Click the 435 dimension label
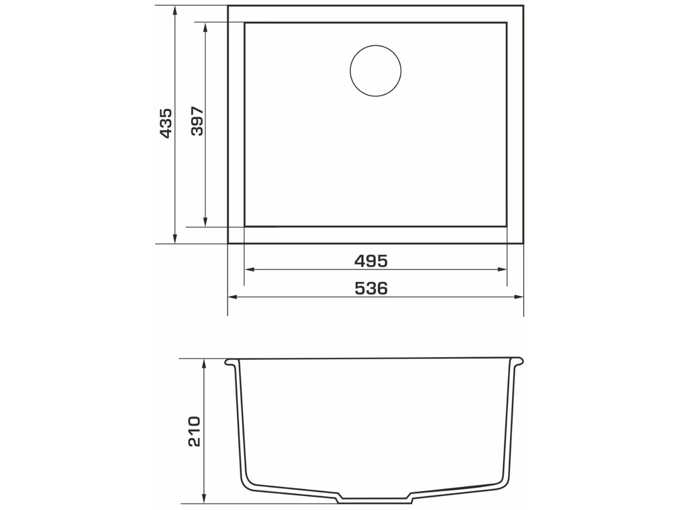[x=165, y=123]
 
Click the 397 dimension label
[x=197, y=121]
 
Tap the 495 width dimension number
[x=371, y=261]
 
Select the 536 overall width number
[x=371, y=289]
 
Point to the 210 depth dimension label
[x=194, y=431]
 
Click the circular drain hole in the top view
[x=375, y=71]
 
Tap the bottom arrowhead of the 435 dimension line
[x=175, y=239]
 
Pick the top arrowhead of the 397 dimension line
[x=205, y=27]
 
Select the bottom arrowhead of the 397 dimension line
[x=205, y=222]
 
